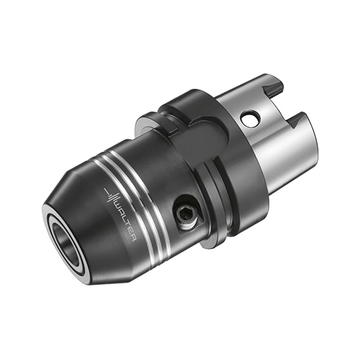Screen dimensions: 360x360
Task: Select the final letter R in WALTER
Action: coord(134,238)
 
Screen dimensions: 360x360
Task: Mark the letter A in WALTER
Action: coord(121,213)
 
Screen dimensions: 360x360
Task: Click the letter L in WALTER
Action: coord(124,219)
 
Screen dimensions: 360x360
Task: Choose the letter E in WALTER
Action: coord(131,232)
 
